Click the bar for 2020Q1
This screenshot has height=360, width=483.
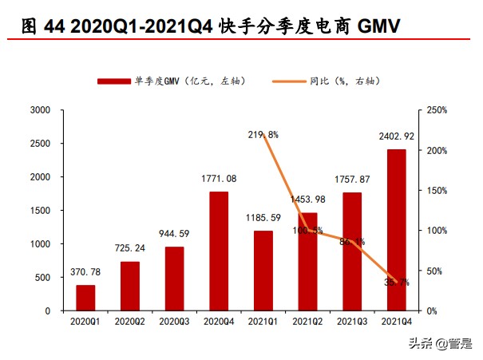pos(85,298)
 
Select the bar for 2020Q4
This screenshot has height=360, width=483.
pos(218,251)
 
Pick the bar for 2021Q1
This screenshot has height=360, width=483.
pos(263,271)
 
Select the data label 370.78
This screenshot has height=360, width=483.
pos(85,273)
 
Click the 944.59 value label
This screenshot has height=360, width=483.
pos(174,235)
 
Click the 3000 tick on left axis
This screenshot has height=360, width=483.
pos(40,110)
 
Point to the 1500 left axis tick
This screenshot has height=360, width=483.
pos(40,211)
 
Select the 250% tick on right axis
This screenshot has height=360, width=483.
pos(437,110)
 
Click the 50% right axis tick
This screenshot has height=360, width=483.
pos(434,271)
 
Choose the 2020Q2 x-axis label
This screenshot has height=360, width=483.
pos(130,322)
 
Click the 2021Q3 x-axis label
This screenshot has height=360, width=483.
pos(351,322)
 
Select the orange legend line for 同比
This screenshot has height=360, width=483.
pos(288,81)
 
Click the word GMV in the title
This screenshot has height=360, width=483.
pos(373,26)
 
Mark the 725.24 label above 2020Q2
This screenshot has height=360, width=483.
pos(130,249)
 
